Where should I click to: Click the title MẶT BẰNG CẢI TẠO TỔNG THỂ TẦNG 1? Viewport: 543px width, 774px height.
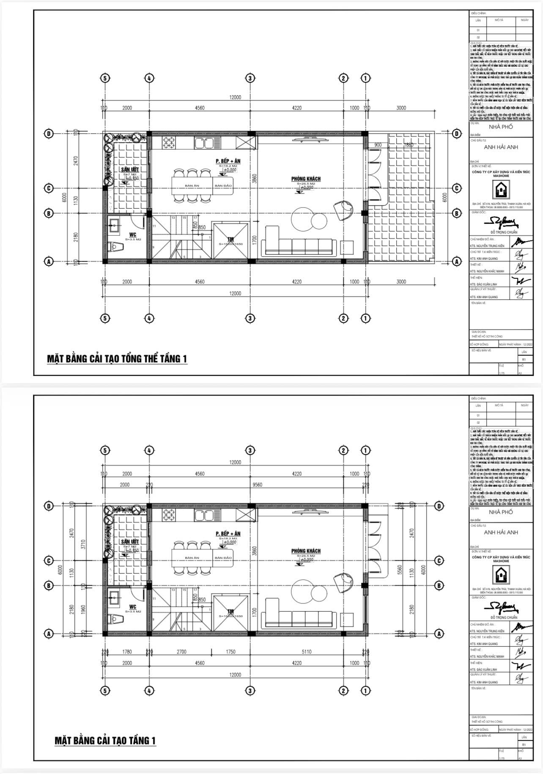tap(117, 359)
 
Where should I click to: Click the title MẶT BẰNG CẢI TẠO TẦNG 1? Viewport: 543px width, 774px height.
tap(105, 740)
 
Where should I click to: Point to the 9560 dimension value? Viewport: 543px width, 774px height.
tap(257, 485)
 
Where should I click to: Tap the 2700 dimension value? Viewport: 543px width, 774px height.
tap(181, 651)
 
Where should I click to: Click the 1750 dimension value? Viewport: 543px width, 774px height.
tap(230, 651)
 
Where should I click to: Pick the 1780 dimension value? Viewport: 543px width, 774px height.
tap(127, 651)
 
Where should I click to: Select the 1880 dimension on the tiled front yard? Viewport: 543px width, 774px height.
tap(408, 145)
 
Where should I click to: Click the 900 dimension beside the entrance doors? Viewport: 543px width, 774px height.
tap(378, 145)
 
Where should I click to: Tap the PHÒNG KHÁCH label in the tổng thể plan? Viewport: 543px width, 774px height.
tap(306, 179)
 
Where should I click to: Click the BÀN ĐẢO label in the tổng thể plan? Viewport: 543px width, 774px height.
tap(223, 185)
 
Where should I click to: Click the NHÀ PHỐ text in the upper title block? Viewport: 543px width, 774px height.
tap(501, 127)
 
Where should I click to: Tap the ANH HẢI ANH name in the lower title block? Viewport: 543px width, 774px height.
tap(501, 532)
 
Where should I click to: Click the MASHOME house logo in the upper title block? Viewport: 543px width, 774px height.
tap(501, 191)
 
